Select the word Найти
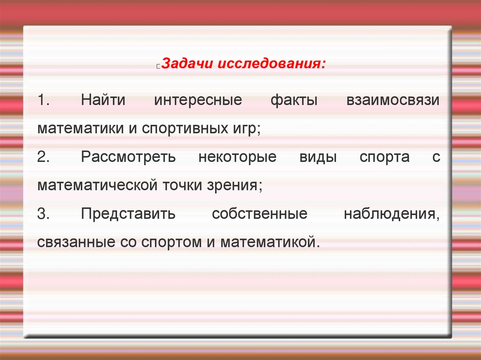pos(105,100)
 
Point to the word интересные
pos(198,100)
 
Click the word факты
pos(294,100)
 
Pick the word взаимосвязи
pos(393,100)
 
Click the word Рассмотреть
pos(128,157)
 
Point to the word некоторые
pos(237,157)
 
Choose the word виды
pos(318,157)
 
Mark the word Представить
pos(128,214)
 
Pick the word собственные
pos(259,214)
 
